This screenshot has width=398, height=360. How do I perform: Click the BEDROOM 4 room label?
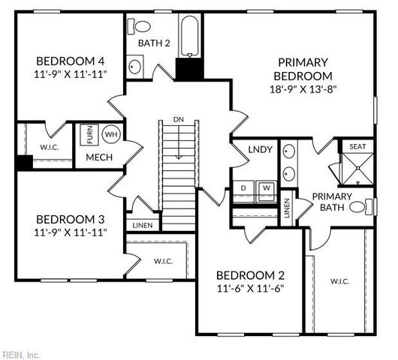(71, 61)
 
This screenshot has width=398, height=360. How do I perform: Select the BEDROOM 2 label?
(250, 274)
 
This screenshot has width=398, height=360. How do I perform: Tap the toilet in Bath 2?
(140, 25)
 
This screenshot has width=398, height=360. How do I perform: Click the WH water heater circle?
(111, 135)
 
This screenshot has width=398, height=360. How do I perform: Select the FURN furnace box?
(90, 136)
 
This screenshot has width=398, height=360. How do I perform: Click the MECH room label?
(98, 157)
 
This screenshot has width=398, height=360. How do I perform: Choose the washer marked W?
(266, 187)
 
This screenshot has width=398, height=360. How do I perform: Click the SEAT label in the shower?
(357, 146)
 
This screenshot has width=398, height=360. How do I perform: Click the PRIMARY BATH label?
(336, 202)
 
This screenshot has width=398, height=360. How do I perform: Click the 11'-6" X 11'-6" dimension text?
(250, 288)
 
